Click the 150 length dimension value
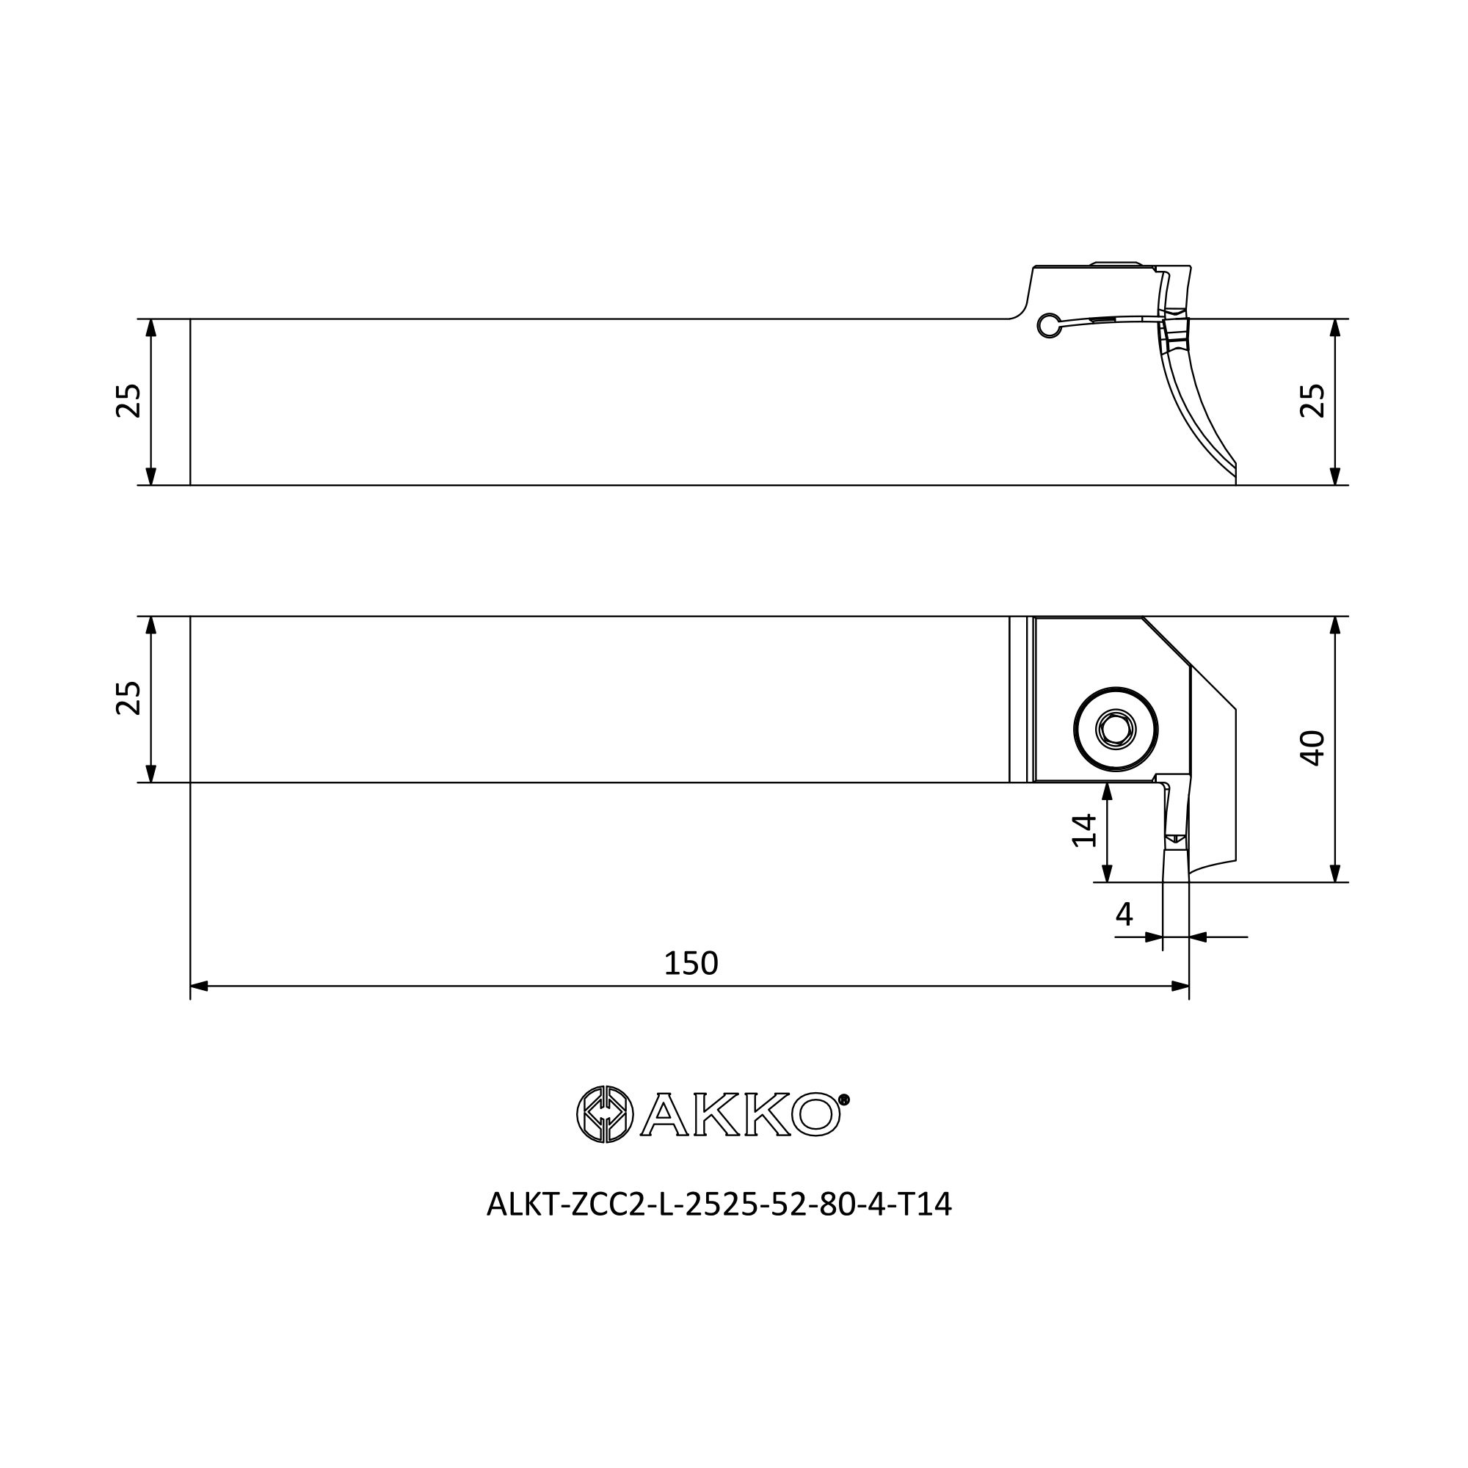pyautogui.click(x=691, y=964)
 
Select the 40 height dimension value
pyautogui.click(x=1312, y=749)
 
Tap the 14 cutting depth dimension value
pyautogui.click(x=1084, y=829)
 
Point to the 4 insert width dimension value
pyautogui.click(x=1124, y=914)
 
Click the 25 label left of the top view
pyautogui.click(x=128, y=401)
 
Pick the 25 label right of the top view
pyautogui.click(x=1312, y=401)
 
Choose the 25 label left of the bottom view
pyautogui.click(x=128, y=697)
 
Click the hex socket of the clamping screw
pyautogui.click(x=1116, y=730)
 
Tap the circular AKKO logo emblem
pyautogui.click(x=605, y=1114)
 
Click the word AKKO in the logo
pyautogui.click(x=740, y=1115)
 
